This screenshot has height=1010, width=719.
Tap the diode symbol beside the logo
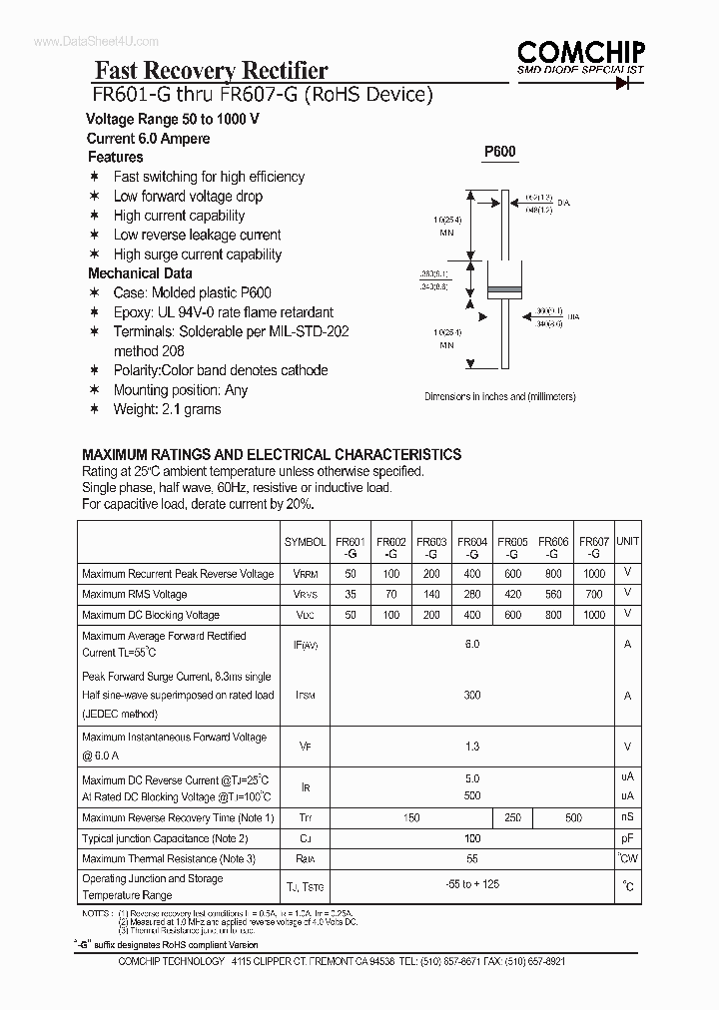(627, 84)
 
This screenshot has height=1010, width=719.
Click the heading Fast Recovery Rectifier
(211, 70)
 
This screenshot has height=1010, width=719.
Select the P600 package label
(500, 152)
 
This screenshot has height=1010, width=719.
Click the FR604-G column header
(472, 547)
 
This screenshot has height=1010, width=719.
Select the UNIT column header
(627, 541)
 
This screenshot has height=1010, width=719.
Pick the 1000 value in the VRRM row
(594, 574)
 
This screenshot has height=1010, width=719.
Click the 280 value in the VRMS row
(472, 595)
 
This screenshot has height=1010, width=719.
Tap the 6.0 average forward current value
(472, 645)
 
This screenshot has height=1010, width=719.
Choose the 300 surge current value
(472, 695)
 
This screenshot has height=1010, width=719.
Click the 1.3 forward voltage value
(472, 747)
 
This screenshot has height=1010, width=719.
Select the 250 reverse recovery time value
(513, 818)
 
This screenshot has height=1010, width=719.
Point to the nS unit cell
(627, 818)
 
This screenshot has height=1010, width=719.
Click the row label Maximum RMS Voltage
(135, 595)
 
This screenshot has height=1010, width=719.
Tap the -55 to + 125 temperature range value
(472, 885)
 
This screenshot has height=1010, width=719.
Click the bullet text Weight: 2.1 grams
(167, 409)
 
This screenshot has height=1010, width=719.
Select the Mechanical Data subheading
(140, 273)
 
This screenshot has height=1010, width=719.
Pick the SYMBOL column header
(305, 542)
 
